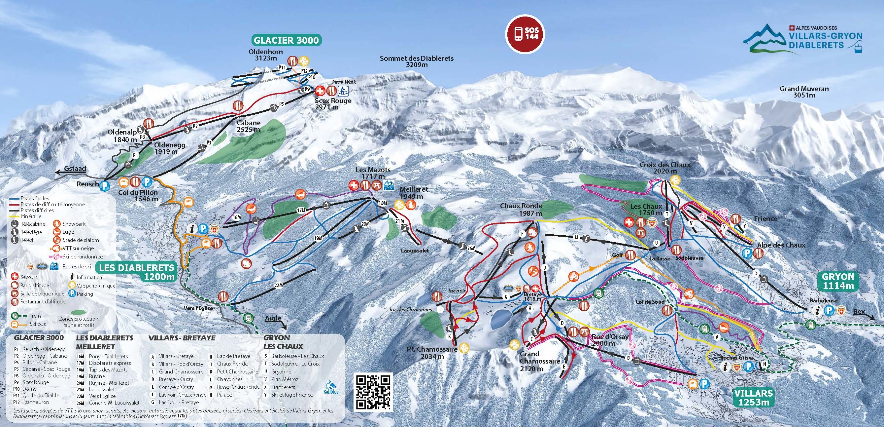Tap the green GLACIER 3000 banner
tap(286, 40)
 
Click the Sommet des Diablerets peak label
tap(416, 61)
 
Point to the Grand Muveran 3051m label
tap(804, 92)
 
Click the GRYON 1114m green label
tap(838, 281)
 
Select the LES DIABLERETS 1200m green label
tap(137, 272)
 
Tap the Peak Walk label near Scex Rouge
tap(344, 82)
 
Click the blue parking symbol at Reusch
tap(104, 186)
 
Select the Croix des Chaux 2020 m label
tap(665, 168)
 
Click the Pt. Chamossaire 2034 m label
tap(432, 352)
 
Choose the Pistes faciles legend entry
tap(34, 198)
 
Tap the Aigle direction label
tap(274, 319)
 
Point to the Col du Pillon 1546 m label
tap(138, 195)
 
